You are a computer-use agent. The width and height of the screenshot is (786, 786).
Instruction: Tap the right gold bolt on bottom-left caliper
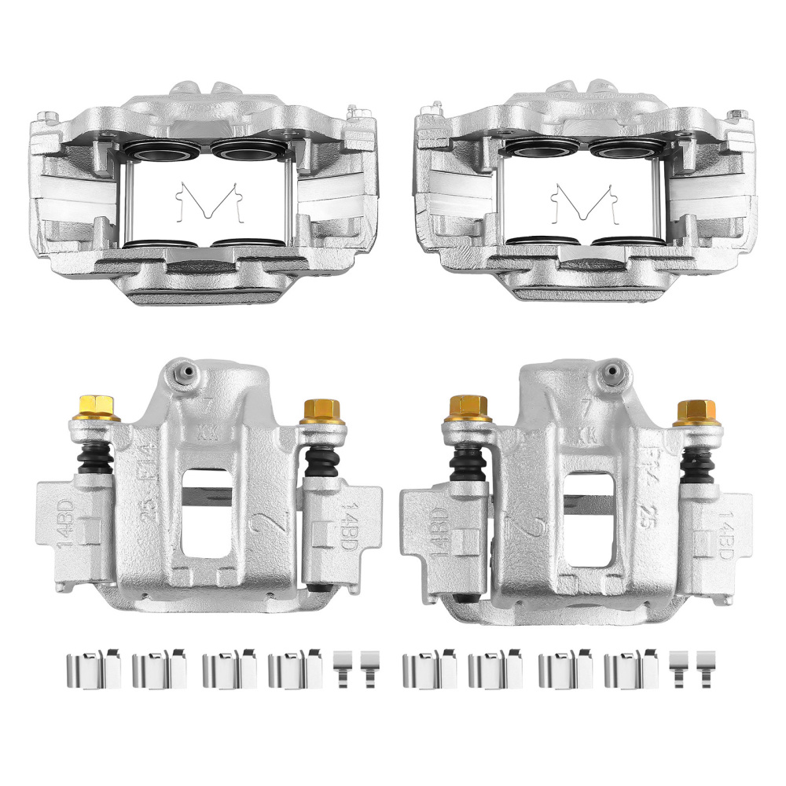pos(321,410)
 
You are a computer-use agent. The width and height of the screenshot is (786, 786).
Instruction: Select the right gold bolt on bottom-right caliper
pos(696,411)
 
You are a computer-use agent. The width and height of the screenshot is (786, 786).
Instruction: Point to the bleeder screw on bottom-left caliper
pos(185,372)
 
